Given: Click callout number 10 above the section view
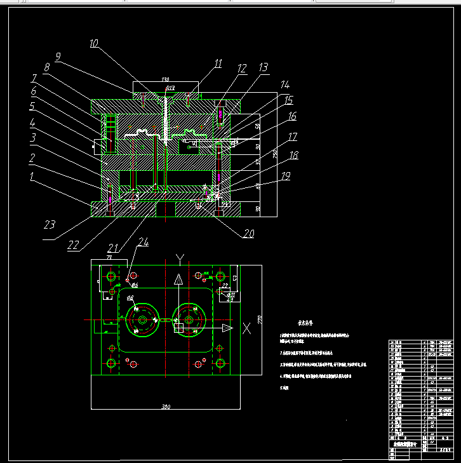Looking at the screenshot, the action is [x=94, y=44].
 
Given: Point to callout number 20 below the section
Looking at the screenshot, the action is [x=248, y=234].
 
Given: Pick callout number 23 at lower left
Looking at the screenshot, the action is [x=50, y=224].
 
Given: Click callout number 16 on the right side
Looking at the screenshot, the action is [x=292, y=116].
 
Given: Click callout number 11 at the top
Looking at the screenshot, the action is [x=218, y=64].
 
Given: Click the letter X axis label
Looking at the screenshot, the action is [x=246, y=328].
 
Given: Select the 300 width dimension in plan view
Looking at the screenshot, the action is [x=166, y=406].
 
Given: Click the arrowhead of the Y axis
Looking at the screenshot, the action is [x=179, y=278].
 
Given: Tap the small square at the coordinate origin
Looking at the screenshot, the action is [x=179, y=328].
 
